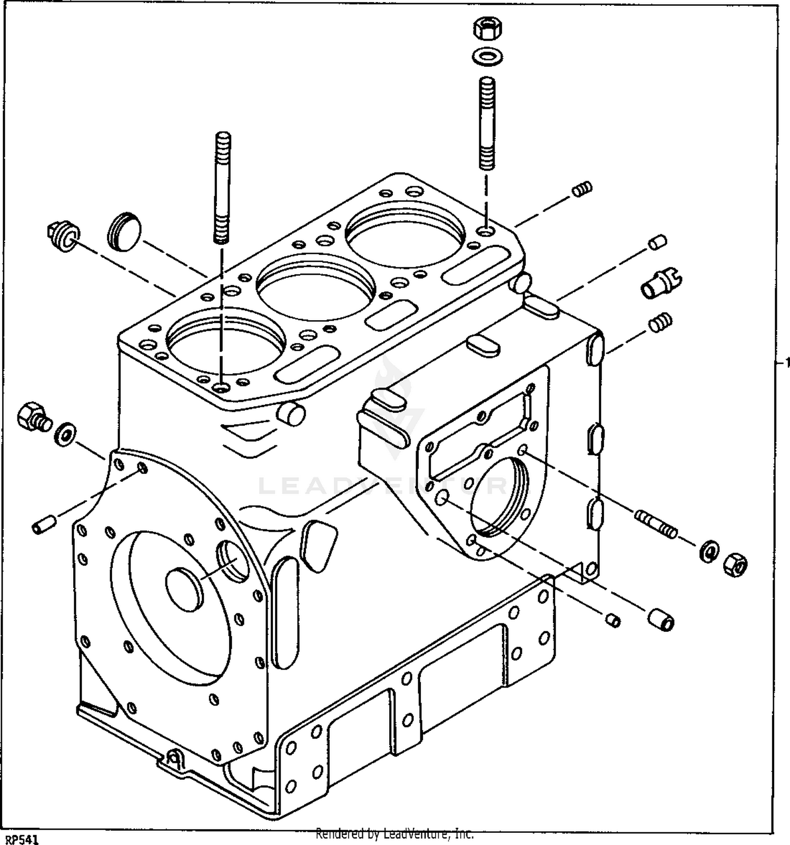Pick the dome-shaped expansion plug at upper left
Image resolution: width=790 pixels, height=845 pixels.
click(125, 232)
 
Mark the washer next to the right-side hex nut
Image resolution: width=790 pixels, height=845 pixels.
click(709, 551)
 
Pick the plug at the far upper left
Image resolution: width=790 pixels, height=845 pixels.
click(62, 235)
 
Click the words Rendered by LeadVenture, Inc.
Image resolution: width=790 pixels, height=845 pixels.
click(394, 834)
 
